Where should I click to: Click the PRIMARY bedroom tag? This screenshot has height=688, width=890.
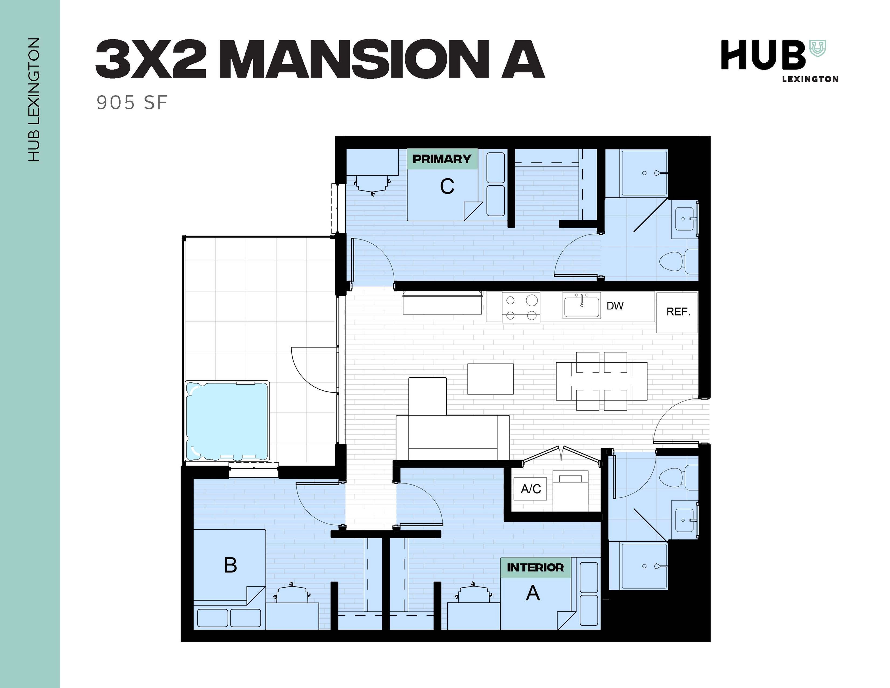click(442, 159)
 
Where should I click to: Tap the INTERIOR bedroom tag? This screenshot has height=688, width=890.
click(535, 567)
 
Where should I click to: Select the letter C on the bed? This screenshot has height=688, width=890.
click(447, 187)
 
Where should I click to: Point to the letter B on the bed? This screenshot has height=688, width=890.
click(231, 565)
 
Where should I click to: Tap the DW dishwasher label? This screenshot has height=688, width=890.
click(615, 306)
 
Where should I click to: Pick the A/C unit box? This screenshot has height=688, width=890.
click(530, 488)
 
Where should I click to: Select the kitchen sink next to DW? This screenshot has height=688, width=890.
click(581, 305)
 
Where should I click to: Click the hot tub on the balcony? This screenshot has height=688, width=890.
click(227, 421)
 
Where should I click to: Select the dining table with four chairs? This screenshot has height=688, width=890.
click(601, 381)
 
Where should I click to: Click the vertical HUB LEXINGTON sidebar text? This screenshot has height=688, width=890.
click(34, 100)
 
